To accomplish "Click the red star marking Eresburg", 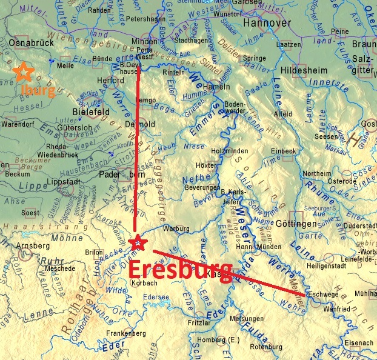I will (x=138, y=243).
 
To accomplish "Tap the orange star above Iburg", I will (x=24, y=72).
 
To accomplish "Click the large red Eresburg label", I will (x=181, y=269).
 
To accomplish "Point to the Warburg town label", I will (x=176, y=229).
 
